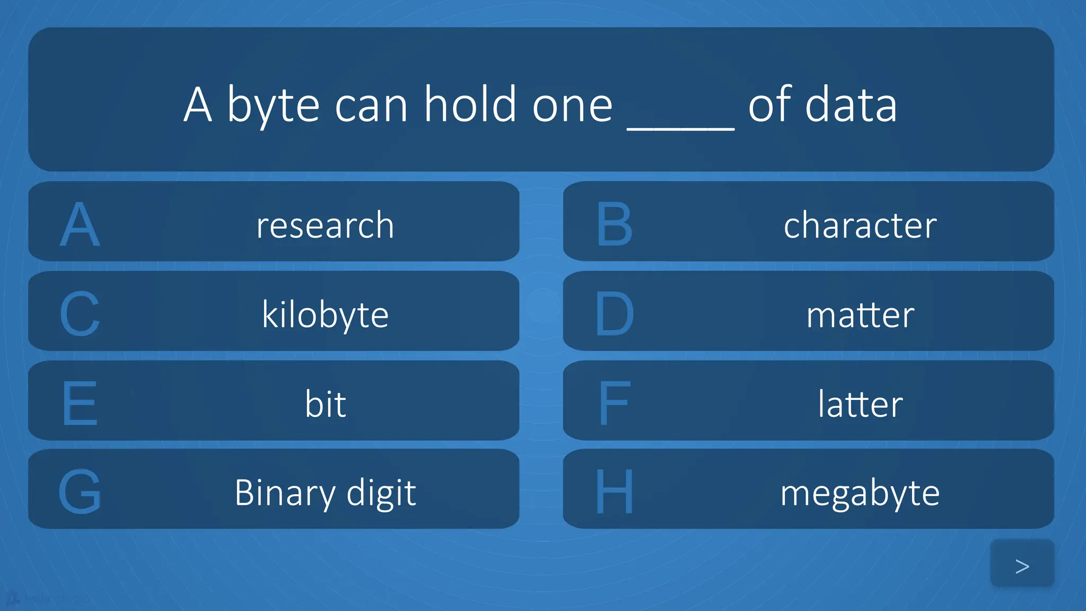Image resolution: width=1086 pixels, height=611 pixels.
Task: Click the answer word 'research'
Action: point(325,225)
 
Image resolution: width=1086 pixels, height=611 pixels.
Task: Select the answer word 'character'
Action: point(860,225)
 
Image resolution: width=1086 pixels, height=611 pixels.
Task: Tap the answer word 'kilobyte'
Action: point(325,315)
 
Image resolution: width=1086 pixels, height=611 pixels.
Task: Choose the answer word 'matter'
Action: point(860,315)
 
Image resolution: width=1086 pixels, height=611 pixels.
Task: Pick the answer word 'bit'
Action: point(325,404)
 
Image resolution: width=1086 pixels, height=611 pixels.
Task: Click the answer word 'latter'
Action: point(860,404)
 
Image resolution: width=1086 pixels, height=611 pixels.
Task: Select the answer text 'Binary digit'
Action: point(325,493)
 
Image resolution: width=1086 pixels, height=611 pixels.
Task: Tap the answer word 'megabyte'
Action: point(860,493)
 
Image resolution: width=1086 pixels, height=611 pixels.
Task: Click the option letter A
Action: point(80,225)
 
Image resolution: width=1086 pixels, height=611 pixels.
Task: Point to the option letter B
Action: point(615,225)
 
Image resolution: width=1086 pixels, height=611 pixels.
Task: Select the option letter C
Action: point(80,314)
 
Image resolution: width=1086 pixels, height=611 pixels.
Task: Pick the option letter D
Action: point(615,314)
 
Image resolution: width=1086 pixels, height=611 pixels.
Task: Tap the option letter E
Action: point(80,404)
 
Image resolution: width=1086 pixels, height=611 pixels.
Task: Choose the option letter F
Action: point(615,404)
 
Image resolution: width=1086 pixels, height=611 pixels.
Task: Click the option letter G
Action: point(80,492)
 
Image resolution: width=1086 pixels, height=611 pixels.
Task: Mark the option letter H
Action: point(615,492)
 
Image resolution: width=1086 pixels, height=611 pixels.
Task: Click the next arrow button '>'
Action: point(1022,565)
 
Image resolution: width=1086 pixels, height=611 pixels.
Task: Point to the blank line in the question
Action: point(680,126)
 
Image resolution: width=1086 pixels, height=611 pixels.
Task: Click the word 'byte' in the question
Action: point(274,106)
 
